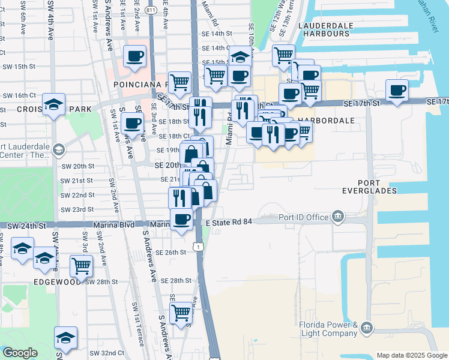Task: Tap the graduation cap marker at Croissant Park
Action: [x=53, y=105]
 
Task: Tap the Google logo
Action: [x=20, y=352]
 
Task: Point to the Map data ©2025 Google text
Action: [x=411, y=355]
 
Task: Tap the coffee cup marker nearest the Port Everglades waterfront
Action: [x=397, y=90]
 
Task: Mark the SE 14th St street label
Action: [x=217, y=34]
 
